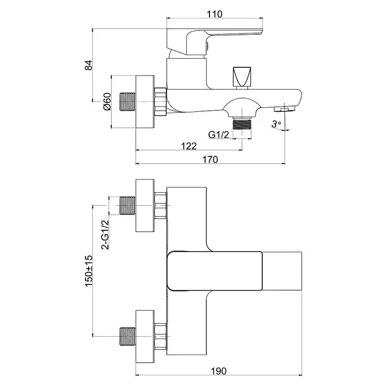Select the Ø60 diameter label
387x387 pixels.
pos(107,102)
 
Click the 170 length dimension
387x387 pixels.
pos(210,159)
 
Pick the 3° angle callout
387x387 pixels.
pos(276,124)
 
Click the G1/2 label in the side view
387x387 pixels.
pos(219,134)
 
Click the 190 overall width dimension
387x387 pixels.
pos(219,371)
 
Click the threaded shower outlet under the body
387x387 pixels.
pos(242,124)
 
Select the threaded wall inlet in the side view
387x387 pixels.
pos(126,102)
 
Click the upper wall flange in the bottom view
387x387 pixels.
pos(145,206)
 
